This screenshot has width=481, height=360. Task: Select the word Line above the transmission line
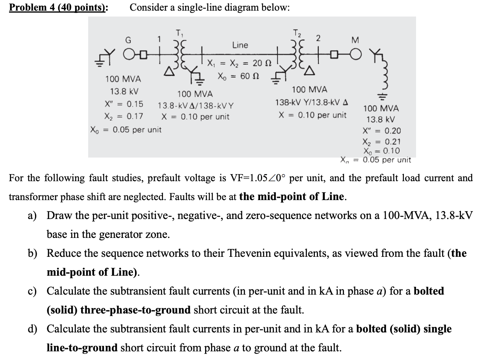[x=240, y=45]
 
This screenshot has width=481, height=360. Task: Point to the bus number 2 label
[x=318, y=38]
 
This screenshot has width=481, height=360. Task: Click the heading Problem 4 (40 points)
[x=59, y=7]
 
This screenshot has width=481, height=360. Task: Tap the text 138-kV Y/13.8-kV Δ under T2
[x=311, y=103]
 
